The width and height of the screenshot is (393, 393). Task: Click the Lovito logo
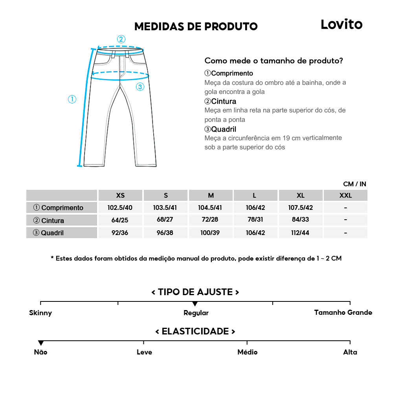(341, 24)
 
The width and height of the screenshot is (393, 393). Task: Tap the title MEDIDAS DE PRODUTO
(196, 26)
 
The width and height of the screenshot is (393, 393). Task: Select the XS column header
(120, 195)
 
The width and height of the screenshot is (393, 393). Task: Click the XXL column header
(345, 195)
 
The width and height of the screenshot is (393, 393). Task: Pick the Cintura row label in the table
(49, 220)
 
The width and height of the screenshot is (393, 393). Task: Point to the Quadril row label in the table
(48, 233)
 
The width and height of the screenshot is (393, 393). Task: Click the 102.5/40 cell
(120, 208)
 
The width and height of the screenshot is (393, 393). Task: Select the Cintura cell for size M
(211, 220)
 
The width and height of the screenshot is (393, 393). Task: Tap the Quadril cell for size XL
(301, 233)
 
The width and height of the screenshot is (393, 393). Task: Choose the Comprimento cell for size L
(255, 208)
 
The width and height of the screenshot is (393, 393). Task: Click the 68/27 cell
(165, 220)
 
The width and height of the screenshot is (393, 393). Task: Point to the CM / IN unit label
(354, 184)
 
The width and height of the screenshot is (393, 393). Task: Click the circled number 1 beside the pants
(72, 99)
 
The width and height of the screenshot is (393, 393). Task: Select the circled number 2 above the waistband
(121, 39)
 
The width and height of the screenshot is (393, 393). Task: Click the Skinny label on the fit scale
(40, 313)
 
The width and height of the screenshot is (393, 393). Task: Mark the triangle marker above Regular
(195, 304)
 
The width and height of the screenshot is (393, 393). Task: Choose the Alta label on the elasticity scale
(350, 352)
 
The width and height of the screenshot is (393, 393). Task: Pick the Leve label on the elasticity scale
(144, 352)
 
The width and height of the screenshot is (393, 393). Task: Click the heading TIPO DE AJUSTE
(195, 292)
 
